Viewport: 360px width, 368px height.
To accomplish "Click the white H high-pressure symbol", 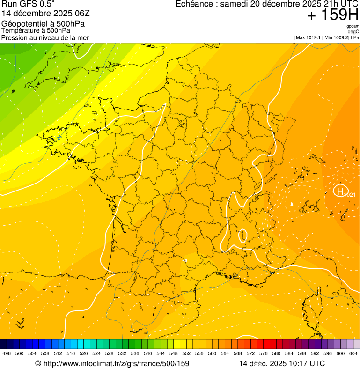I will [341, 191].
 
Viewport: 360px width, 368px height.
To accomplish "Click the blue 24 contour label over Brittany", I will [59, 137].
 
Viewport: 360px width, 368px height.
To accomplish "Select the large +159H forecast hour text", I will [332, 16].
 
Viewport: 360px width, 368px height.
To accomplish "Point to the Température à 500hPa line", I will [36, 30].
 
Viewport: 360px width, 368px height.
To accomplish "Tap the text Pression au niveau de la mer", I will [45, 37].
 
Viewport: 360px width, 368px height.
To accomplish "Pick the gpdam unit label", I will [353, 26].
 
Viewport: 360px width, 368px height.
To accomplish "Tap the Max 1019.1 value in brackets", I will [310, 37].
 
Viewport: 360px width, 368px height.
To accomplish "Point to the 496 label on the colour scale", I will [7, 353].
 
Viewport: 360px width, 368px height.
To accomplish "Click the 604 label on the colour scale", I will [353, 353].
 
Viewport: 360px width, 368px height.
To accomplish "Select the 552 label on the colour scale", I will [186, 353].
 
